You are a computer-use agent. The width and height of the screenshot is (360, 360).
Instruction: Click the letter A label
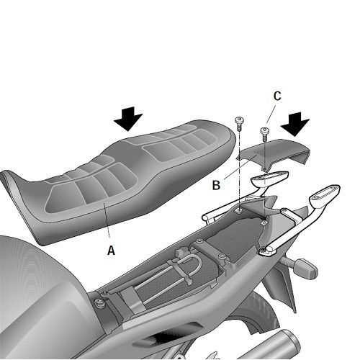[x=110, y=251]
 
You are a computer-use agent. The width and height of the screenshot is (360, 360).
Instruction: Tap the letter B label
[x=215, y=184]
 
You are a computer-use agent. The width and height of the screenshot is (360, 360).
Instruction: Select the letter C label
[x=276, y=95]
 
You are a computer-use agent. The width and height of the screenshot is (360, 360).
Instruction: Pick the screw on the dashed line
[x=239, y=122]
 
